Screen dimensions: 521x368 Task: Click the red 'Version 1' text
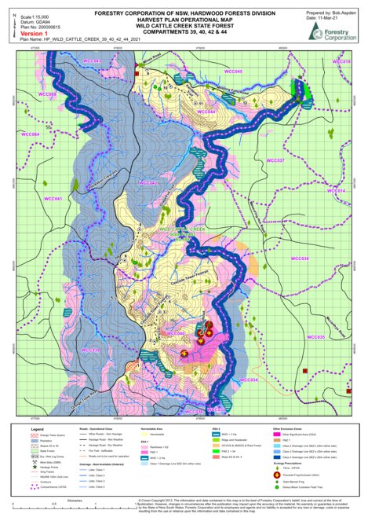click(x=35, y=34)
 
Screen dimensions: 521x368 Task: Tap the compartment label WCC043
click(x=93, y=61)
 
